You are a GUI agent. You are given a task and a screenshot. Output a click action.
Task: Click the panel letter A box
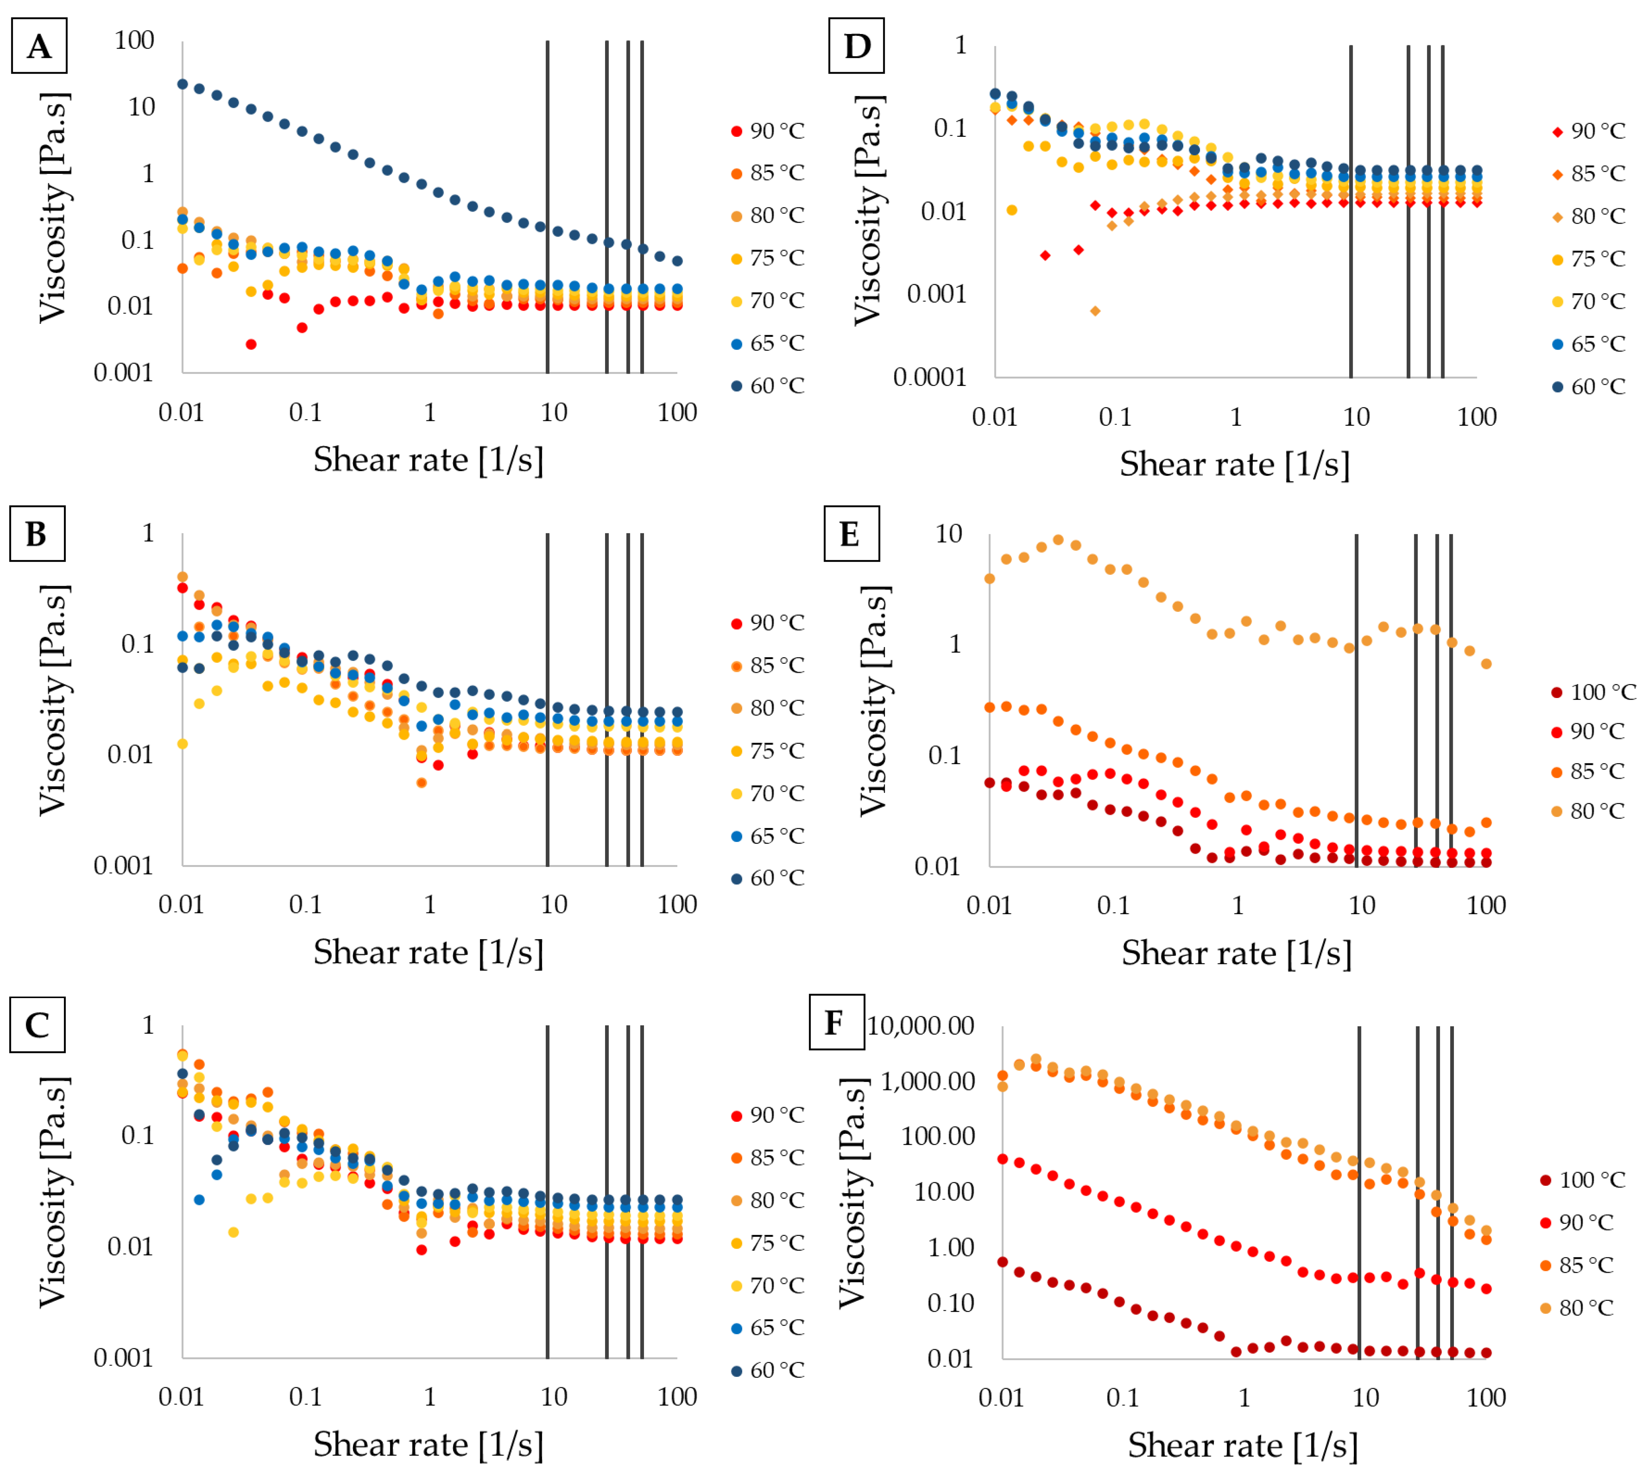coord(39,46)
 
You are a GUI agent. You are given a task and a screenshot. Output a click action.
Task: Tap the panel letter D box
coord(856,46)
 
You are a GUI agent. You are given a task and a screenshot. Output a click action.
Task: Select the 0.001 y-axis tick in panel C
coord(123,1357)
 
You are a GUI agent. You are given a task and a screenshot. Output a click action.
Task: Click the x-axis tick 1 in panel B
coord(429,904)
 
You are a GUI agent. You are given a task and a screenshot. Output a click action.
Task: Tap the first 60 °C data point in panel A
coord(183,84)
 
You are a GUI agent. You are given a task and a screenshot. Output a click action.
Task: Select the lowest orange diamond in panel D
coord(1095,311)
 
